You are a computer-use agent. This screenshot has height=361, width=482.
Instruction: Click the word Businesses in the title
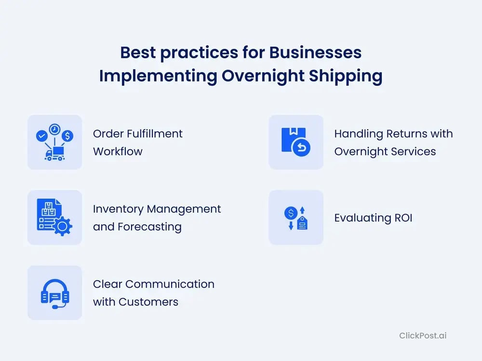[x=315, y=52]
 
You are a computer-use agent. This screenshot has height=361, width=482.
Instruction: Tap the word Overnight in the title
[x=263, y=77]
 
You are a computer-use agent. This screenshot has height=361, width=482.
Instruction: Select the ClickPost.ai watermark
[x=423, y=335]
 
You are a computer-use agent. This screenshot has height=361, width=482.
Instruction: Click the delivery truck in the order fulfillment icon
[x=55, y=153]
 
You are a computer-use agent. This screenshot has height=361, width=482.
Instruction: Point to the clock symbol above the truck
[x=55, y=130]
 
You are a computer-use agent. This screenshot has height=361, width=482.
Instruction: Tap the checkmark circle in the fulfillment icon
[x=41, y=135]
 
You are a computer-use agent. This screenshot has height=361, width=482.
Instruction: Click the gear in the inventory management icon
[x=62, y=227]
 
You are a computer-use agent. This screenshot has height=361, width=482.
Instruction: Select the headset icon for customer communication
[x=55, y=294]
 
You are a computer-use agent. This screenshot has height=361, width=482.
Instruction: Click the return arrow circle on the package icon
[x=302, y=148]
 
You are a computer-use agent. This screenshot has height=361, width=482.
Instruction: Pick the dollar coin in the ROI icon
[x=291, y=213]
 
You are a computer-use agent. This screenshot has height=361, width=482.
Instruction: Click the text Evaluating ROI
[x=373, y=218]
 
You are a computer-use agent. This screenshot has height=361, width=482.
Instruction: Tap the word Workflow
[x=118, y=151]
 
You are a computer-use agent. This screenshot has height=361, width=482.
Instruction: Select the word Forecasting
[x=150, y=227]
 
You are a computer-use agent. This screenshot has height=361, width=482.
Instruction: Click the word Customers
[x=148, y=302]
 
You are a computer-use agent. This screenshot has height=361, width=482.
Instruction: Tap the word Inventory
[x=119, y=209]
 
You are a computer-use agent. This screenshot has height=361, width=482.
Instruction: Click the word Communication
[x=170, y=284]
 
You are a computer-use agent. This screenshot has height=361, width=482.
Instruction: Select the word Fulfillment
[x=155, y=134]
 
